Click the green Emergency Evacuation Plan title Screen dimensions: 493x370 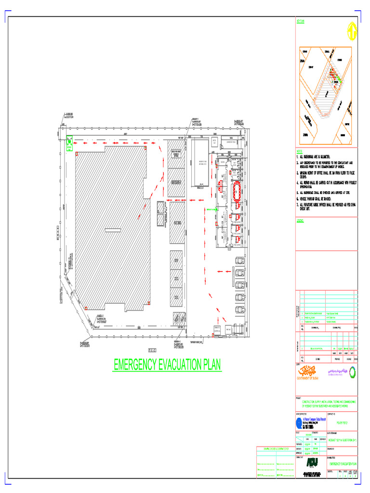point(167,365)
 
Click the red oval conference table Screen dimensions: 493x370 point(237,191)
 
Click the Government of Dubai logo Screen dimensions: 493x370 point(307,372)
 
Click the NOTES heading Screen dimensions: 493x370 point(300,151)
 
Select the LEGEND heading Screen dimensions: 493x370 point(300,221)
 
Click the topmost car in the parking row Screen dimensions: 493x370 point(239,261)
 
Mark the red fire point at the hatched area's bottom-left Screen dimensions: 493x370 point(85,308)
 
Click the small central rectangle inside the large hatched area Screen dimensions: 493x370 point(112,228)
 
